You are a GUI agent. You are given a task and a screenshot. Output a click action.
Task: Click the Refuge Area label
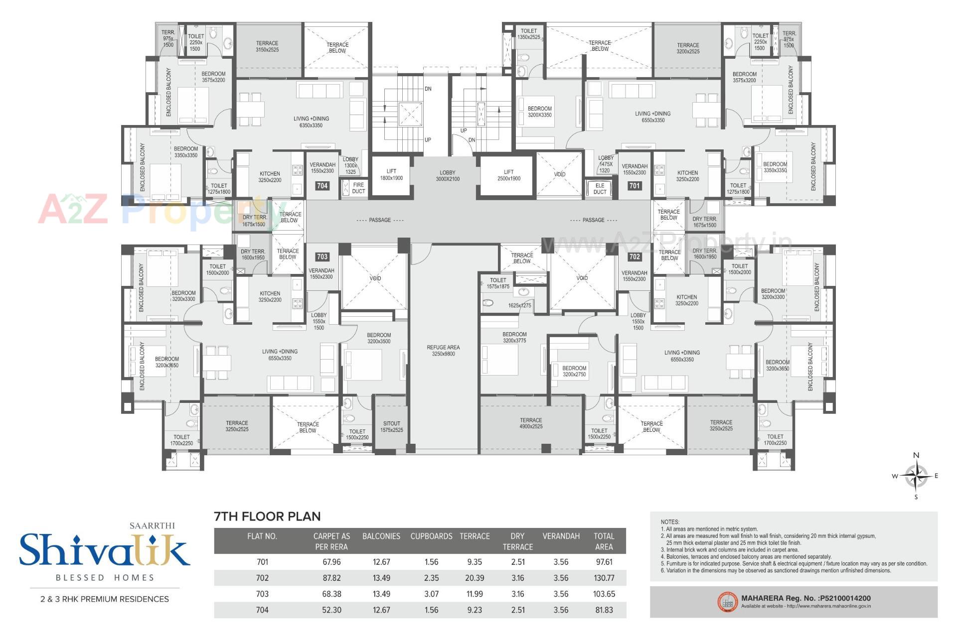(443, 351)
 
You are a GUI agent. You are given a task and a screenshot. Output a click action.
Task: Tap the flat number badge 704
(322, 186)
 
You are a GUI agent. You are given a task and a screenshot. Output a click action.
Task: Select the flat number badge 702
(634, 256)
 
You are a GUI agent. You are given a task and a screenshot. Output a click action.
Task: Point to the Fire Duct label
(358, 188)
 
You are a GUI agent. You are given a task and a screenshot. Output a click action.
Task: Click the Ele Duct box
(600, 189)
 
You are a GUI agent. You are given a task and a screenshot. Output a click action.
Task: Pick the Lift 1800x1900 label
(391, 175)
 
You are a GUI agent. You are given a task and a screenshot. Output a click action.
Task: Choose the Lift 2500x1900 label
(508, 175)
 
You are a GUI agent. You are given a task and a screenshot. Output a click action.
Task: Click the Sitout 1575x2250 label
(391, 427)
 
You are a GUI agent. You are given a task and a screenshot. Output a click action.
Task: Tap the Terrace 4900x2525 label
(531, 423)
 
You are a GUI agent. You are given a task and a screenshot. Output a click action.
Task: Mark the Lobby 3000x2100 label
(448, 176)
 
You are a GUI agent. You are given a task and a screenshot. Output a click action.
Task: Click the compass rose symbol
(916, 476)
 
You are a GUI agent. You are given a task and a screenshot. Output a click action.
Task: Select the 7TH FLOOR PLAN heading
(267, 516)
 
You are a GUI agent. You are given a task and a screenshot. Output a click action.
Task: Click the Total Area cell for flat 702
(604, 578)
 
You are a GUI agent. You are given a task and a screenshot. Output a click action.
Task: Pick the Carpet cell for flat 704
(331, 610)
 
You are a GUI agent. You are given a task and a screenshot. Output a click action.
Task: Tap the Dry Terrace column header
(517, 541)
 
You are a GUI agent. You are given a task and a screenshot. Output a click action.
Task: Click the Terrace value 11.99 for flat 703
(475, 594)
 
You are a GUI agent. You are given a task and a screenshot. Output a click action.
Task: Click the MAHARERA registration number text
(806, 598)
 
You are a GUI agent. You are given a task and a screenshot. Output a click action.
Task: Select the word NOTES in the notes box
(670, 522)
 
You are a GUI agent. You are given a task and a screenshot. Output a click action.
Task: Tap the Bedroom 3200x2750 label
(574, 371)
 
